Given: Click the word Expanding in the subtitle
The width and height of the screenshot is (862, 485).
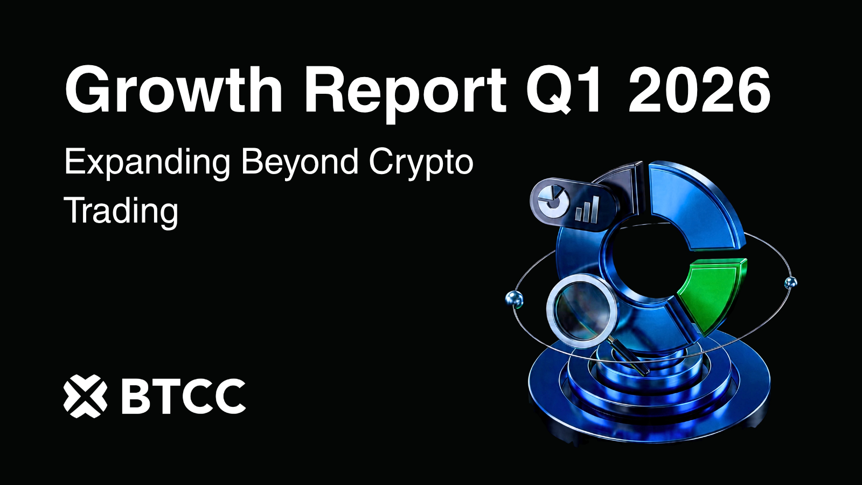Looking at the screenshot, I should [147, 162].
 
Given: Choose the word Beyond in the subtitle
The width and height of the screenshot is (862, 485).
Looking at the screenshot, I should [300, 162].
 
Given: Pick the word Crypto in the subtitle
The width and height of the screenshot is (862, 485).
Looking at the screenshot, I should [421, 162].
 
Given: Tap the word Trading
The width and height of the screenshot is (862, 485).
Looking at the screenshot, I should [121, 211].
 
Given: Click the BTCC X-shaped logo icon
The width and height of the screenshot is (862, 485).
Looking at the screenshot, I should [85, 396].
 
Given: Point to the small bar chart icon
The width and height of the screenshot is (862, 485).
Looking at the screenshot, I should [587, 209].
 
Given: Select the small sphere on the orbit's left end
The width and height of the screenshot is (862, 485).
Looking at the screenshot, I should [514, 298].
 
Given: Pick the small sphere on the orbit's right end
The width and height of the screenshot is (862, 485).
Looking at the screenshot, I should [790, 282].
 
